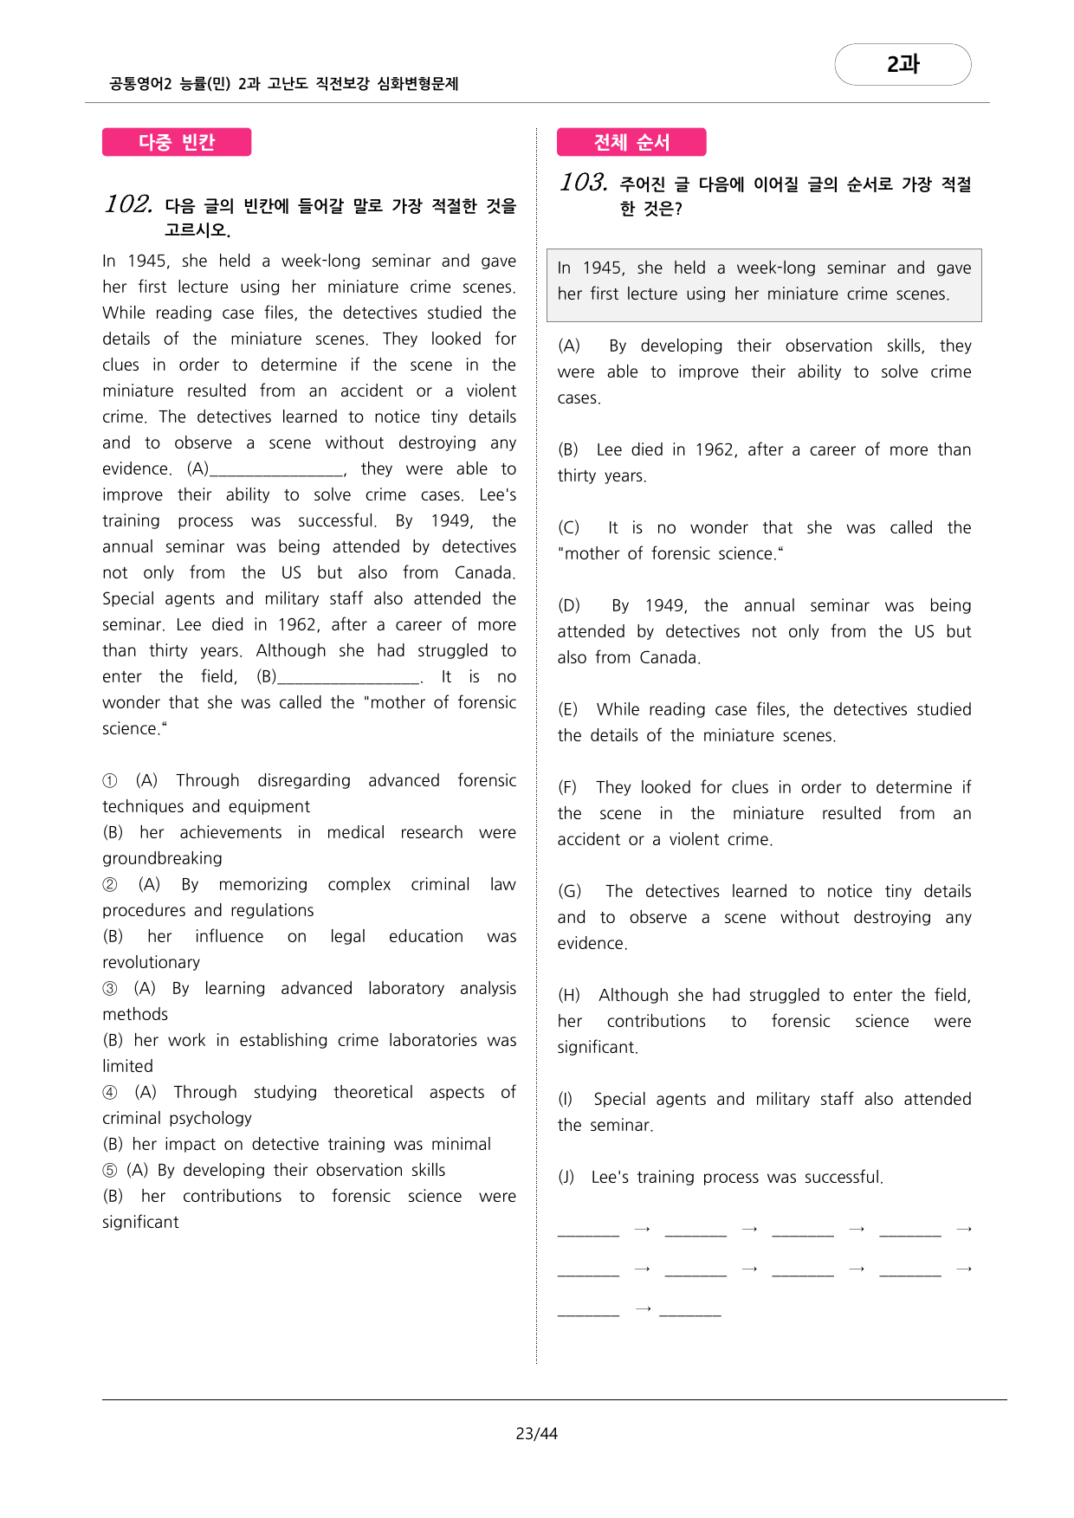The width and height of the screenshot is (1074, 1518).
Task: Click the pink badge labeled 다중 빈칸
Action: (177, 142)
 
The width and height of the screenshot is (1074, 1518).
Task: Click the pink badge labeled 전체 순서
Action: (631, 142)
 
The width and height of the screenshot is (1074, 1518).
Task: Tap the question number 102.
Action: (128, 204)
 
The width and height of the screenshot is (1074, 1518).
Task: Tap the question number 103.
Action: (583, 183)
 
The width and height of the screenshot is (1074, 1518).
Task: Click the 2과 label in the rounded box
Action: (903, 64)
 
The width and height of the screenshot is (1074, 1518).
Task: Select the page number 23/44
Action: (536, 1434)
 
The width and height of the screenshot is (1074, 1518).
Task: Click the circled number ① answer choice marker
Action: (110, 781)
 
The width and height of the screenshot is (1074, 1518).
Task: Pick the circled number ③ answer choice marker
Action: (110, 989)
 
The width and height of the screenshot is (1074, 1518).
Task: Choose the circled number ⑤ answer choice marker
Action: (110, 1171)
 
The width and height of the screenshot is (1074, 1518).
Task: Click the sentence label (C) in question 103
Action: (568, 528)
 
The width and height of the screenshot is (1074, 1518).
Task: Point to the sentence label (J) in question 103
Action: (566, 1178)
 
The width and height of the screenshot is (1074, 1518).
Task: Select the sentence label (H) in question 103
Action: (569, 996)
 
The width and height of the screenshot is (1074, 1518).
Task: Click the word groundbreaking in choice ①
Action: (162, 859)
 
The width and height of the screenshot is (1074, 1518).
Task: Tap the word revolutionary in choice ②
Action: (151, 963)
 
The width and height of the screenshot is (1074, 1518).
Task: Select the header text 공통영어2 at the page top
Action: (140, 84)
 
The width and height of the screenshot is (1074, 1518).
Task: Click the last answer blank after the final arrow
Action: (690, 1310)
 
